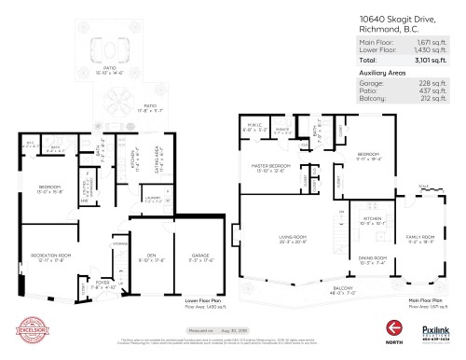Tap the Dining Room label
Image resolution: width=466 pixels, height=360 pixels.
(373, 260)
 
